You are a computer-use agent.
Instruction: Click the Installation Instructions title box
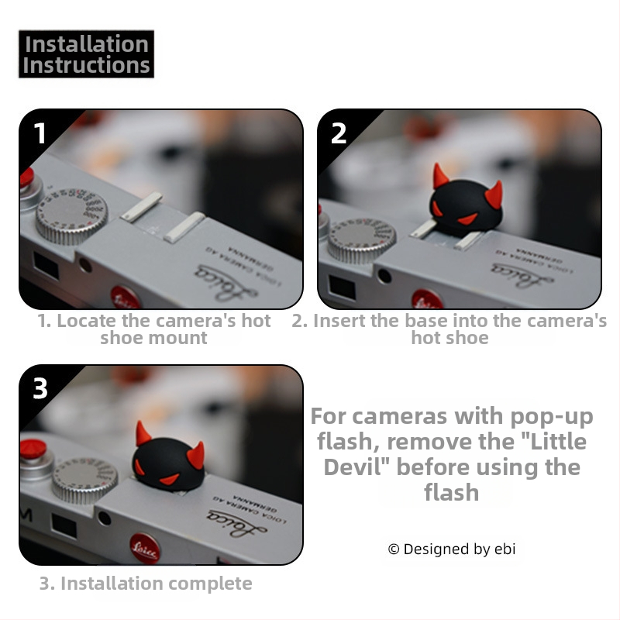(x=86, y=53)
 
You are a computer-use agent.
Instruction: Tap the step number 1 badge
(x=40, y=133)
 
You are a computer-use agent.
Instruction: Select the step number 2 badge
(x=339, y=133)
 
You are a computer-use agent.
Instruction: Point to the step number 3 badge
(x=40, y=388)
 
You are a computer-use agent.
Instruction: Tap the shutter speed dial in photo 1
(x=71, y=215)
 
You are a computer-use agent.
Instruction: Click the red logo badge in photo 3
(x=145, y=549)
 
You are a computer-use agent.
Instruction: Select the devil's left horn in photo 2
(x=439, y=176)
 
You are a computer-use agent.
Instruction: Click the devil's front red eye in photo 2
(x=468, y=219)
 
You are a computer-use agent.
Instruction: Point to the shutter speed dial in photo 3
(x=84, y=480)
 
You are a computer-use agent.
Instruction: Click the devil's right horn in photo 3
(x=196, y=456)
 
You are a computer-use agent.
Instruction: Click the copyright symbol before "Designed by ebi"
(x=394, y=549)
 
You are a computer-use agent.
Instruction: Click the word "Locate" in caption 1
(x=87, y=321)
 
